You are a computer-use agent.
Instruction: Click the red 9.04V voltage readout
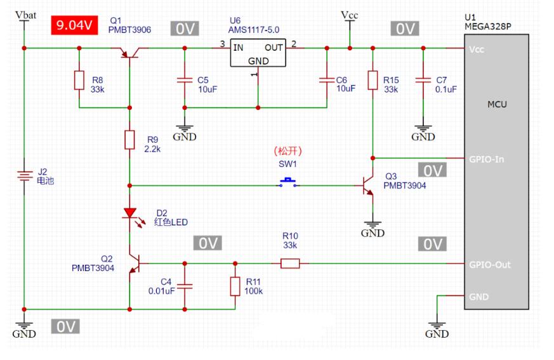click(74, 25)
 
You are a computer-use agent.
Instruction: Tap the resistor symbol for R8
click(79, 81)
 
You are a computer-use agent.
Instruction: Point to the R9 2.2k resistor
click(129, 140)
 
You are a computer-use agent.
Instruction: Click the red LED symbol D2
click(129, 213)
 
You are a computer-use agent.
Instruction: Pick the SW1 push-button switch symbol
click(289, 183)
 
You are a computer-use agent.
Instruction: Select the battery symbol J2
click(24, 176)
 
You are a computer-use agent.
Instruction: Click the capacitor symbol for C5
click(185, 81)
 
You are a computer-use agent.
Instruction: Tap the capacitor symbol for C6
click(326, 81)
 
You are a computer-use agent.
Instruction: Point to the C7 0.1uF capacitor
click(423, 81)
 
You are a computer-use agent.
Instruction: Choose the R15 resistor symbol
click(373, 81)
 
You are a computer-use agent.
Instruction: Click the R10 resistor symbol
click(290, 263)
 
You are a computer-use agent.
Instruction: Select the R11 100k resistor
click(235, 286)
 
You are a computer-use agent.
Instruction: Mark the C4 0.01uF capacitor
click(185, 286)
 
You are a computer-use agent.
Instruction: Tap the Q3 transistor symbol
click(369, 185)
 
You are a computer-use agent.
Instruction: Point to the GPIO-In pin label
click(486, 159)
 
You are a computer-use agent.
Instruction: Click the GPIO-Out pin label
click(489, 265)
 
